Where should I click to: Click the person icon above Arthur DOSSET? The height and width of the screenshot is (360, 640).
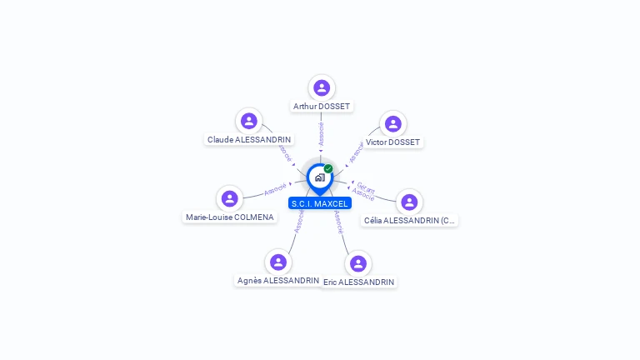coord(322,87)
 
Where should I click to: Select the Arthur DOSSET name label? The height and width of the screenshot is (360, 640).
coord(322,107)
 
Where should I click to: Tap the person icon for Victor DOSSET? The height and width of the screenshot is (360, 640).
coord(393,123)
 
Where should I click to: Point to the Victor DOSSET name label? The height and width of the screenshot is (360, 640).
coord(392,142)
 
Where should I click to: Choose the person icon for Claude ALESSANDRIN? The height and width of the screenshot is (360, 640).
coord(248,121)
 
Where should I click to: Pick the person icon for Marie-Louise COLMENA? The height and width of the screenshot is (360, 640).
coord(229,198)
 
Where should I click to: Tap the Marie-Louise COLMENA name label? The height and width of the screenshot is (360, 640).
coord(230,217)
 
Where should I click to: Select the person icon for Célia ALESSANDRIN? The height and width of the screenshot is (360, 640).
coord(409,202)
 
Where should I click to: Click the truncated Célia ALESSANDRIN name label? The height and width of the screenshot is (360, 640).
coord(410,221)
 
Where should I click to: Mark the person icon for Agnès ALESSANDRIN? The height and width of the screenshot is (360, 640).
coord(278,262)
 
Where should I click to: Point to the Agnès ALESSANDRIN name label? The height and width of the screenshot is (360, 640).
coord(278,281)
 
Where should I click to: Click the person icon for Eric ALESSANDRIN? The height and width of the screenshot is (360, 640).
coord(358,263)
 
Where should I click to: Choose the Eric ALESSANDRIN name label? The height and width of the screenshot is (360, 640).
coord(358,282)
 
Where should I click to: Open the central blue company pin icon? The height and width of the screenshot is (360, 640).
coord(319,177)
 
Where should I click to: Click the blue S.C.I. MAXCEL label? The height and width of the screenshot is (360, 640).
coord(320,203)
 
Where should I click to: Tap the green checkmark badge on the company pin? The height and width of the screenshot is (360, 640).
coord(328,169)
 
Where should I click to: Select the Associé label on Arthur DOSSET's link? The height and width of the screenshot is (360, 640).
coord(321,134)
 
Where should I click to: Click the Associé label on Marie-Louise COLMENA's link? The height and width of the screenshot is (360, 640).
coord(275,189)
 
